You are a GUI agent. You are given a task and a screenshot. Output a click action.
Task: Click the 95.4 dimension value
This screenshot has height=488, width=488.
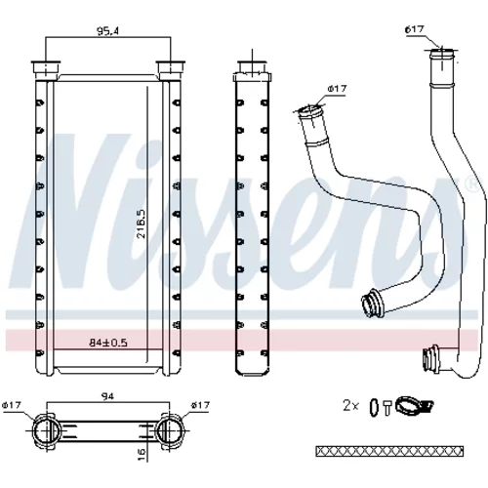(x=108, y=31)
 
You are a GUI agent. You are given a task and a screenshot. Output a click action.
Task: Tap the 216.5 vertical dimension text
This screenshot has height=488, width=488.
(x=142, y=224)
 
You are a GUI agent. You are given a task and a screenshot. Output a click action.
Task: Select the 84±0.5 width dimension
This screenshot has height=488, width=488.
(x=108, y=343)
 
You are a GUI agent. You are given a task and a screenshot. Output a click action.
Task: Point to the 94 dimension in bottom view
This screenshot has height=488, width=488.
(x=108, y=396)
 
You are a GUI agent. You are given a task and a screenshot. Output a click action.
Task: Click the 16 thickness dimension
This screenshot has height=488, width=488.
(x=142, y=452)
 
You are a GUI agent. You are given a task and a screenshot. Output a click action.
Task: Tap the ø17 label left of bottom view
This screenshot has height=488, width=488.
(x=12, y=405)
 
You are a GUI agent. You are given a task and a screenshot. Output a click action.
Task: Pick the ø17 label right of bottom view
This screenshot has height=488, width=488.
(x=200, y=405)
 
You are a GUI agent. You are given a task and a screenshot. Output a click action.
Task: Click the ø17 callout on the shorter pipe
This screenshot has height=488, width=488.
(x=338, y=89)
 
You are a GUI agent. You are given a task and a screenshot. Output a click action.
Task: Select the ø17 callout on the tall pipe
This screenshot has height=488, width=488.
(x=415, y=29)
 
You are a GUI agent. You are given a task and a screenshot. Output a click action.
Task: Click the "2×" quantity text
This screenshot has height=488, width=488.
(x=350, y=406)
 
